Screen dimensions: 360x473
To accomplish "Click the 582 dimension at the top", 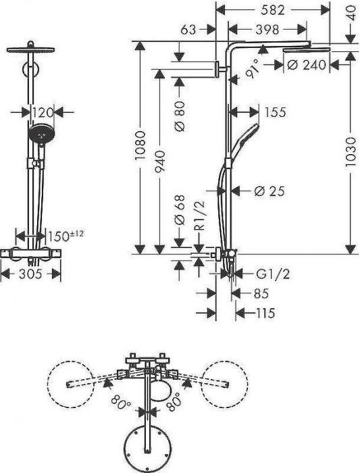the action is pyautogui.click(x=273, y=10).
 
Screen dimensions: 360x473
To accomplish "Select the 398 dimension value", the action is pyautogui.click(x=267, y=30).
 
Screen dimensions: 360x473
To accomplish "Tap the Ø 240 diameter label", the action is pyautogui.click(x=307, y=65).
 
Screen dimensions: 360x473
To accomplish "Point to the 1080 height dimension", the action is pyautogui.click(x=140, y=145).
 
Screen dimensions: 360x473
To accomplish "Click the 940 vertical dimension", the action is pyautogui.click(x=160, y=161).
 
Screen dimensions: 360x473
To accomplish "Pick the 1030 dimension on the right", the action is pyautogui.click(x=351, y=152).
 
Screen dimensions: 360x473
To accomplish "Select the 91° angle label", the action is pyautogui.click(x=253, y=68).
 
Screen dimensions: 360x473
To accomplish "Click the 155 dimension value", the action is pyautogui.click(x=275, y=112).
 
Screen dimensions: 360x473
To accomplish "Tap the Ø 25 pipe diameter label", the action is pyautogui.click(x=269, y=191).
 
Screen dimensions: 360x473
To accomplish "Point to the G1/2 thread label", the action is pyautogui.click(x=273, y=274).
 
